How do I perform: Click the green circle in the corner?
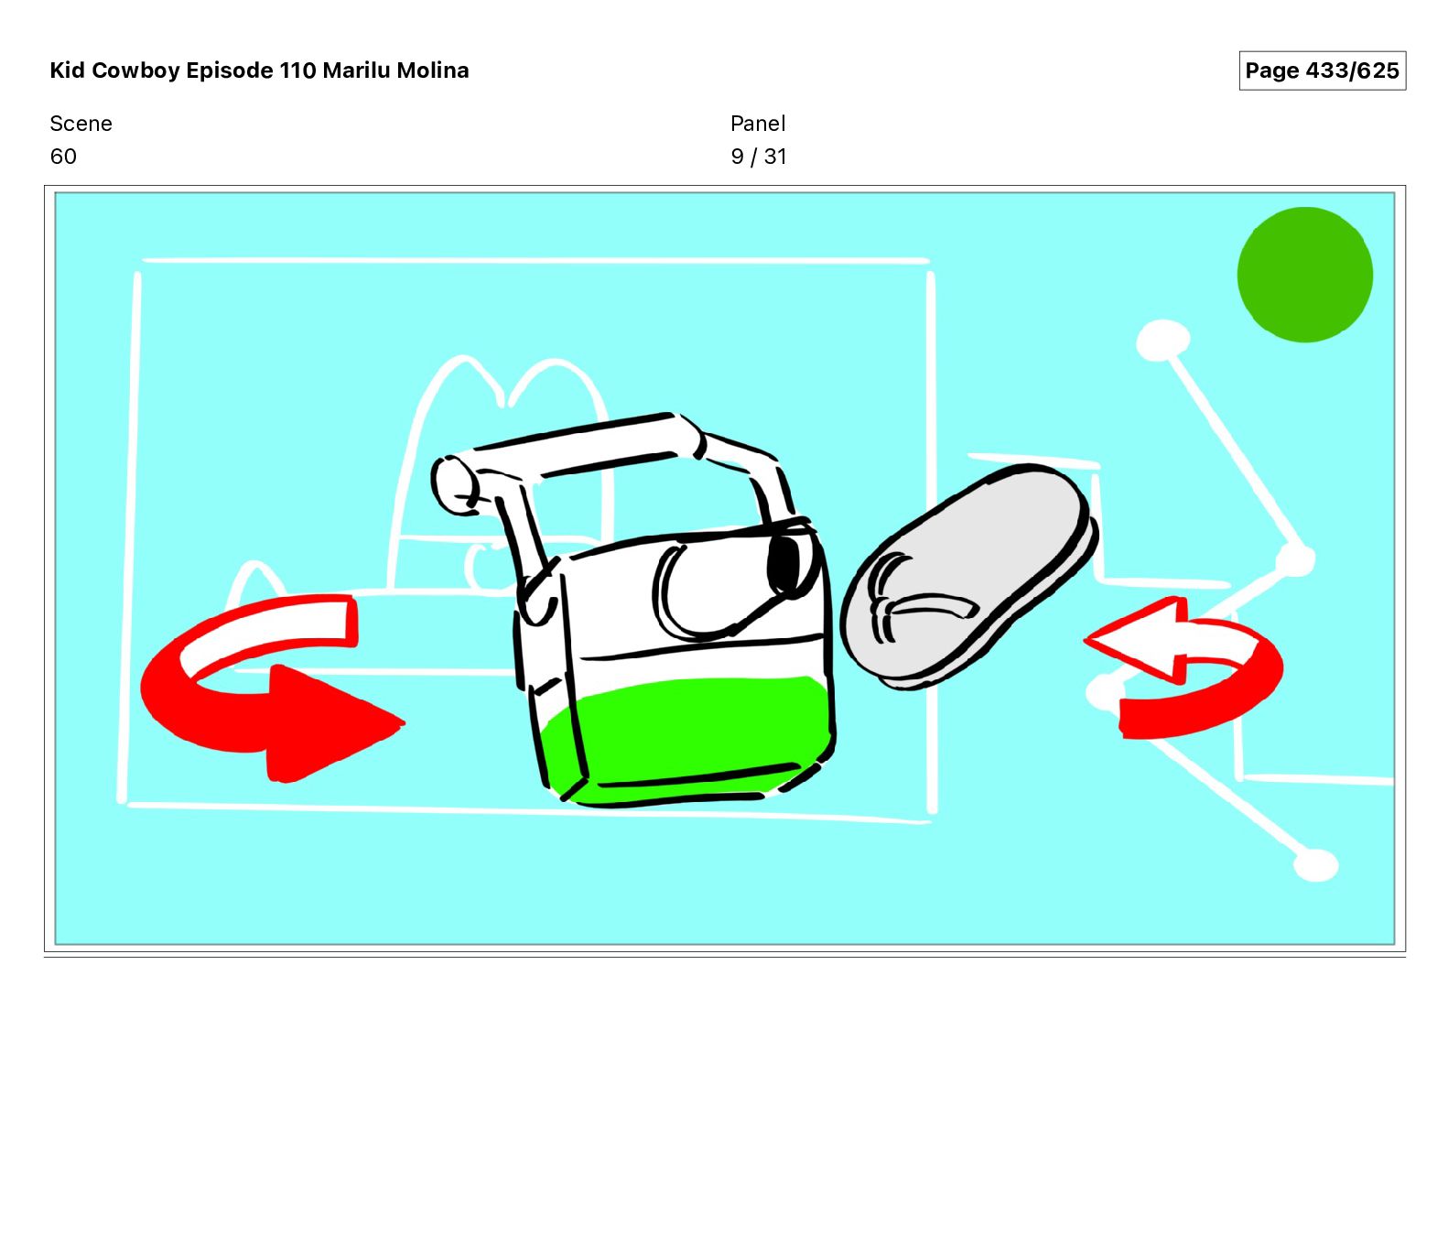click(x=1304, y=275)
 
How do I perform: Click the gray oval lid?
click(x=968, y=577)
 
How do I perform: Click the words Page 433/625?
click(x=1322, y=70)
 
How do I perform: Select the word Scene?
click(x=81, y=124)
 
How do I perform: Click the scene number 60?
click(x=63, y=157)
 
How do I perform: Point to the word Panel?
click(x=758, y=124)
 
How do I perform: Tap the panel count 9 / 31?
click(x=759, y=157)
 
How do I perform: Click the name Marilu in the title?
click(x=356, y=70)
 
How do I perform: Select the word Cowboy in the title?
click(x=136, y=70)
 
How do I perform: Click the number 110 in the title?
click(x=297, y=70)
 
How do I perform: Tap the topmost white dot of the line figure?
click(x=1162, y=341)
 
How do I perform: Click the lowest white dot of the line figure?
click(x=1316, y=865)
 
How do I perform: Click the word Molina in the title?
click(x=432, y=70)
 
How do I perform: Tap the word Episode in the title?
click(x=230, y=70)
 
